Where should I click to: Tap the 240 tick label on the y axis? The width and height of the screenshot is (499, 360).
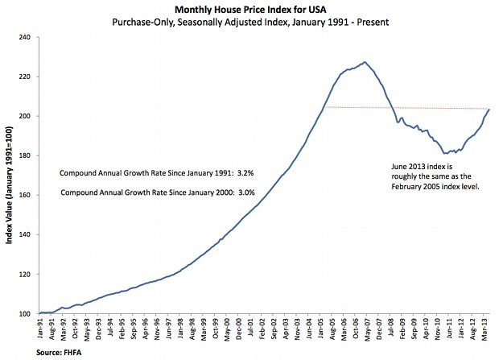point(26,38)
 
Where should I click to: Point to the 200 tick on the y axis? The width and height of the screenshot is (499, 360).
point(26,117)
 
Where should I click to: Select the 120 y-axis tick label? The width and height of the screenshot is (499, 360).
point(26,275)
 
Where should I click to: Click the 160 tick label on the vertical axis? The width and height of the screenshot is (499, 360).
point(26,196)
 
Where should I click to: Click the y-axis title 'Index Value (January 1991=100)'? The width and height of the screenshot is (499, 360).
point(8,176)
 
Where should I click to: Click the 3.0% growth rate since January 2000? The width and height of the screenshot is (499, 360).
point(242,192)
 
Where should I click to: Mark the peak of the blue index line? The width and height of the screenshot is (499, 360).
point(365,62)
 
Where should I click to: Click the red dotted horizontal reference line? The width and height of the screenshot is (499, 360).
point(402,108)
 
